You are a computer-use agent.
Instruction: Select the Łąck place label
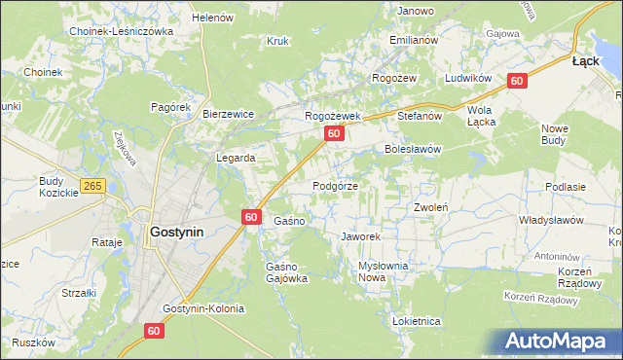pyautogui.click(x=585, y=60)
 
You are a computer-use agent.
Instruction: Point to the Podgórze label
pyautogui.click(x=336, y=185)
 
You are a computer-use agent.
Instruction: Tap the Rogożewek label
pyautogui.click(x=333, y=116)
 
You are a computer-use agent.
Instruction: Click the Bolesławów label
pyautogui.click(x=413, y=150)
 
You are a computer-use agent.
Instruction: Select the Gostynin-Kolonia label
pyautogui.click(x=203, y=308)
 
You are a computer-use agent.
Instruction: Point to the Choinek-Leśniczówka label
pyautogui.click(x=121, y=31)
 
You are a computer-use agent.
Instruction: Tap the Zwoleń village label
pyautogui.click(x=430, y=207)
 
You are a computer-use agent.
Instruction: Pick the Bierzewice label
pyautogui.click(x=228, y=114)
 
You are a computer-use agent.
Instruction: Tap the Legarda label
pyautogui.click(x=236, y=158)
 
